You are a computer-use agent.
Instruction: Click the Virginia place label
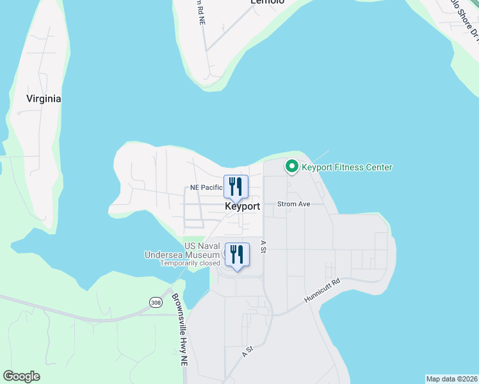[44, 99]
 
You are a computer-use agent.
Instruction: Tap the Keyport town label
[243, 207]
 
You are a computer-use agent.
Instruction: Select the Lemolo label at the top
[267, 3]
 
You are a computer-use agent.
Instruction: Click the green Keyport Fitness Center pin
[292, 167]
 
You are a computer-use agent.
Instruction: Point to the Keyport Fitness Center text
[346, 168]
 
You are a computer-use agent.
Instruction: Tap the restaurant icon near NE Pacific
[236, 187]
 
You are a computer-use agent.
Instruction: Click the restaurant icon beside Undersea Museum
[236, 255]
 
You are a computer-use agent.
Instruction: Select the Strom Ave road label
[293, 204]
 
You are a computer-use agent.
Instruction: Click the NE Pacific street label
[206, 188]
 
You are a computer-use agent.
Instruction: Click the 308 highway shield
[156, 301]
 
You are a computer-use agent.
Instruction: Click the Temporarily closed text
[190, 263]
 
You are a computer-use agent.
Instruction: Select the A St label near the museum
[263, 246]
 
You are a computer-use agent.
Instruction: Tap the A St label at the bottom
[248, 351]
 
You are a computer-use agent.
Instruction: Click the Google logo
[21, 376]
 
